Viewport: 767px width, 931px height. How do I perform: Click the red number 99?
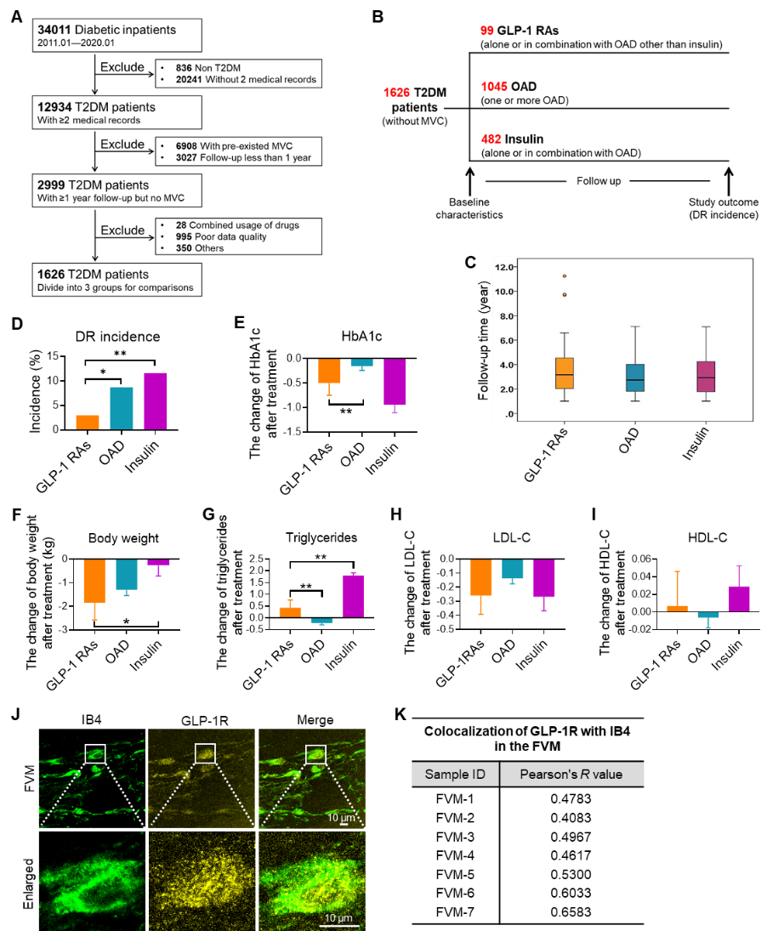[486, 31]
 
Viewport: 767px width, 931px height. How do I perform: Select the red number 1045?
[493, 87]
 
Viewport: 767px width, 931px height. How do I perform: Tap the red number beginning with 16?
[396, 92]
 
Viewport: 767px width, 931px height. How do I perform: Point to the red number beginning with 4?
[491, 139]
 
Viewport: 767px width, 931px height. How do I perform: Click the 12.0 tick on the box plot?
[504, 267]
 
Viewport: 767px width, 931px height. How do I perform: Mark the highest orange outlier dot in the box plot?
[564, 276]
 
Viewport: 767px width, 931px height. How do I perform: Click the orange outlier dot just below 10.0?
[564, 295]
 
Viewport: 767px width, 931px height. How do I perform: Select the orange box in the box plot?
[564, 373]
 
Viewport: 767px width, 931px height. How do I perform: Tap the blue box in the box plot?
[635, 378]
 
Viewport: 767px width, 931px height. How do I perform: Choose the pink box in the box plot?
[706, 377]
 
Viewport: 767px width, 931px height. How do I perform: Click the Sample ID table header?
[455, 775]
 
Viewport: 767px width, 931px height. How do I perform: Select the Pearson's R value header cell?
[571, 775]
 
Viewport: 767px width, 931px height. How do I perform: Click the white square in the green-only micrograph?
[95, 753]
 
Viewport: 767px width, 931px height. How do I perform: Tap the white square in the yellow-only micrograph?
[205, 753]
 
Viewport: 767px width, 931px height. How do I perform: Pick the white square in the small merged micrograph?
[315, 753]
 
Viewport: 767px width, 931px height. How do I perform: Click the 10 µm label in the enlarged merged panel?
[338, 918]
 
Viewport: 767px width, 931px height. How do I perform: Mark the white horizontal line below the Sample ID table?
[449, 864]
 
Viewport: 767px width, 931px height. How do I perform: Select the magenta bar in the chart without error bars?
[156, 400]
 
